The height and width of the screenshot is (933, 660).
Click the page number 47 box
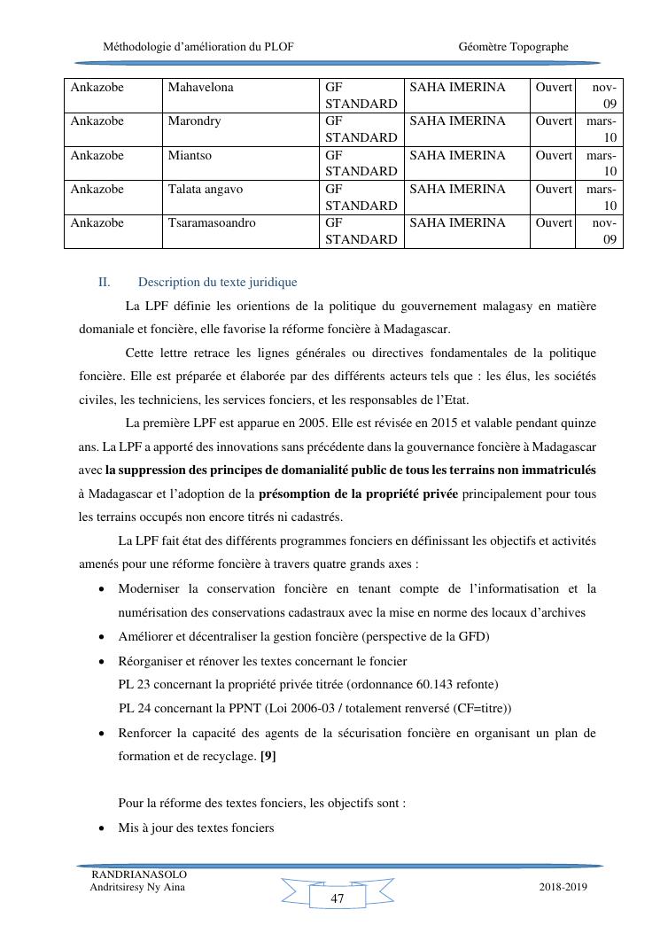point(337,898)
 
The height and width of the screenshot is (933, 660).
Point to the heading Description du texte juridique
point(217,283)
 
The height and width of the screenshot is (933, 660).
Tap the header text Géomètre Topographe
point(514,47)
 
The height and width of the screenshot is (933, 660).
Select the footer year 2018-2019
point(563,887)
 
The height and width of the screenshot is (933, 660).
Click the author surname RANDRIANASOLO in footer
point(139,875)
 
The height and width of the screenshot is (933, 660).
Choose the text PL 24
point(135,708)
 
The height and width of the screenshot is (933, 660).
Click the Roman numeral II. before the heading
point(104,283)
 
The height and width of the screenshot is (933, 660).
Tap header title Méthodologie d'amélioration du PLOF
point(198,47)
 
